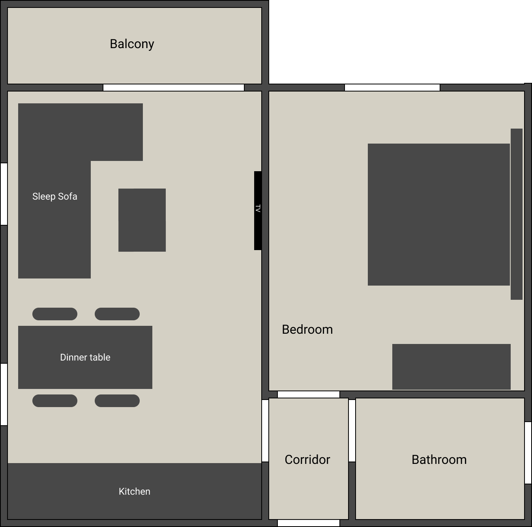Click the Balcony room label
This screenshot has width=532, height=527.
coord(132,44)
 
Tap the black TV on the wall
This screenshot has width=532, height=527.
coord(258,210)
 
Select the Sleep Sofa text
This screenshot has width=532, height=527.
coord(54,196)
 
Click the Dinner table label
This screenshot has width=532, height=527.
coord(85,357)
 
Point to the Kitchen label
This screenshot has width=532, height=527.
coord(135,491)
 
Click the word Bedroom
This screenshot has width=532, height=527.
coord(307,329)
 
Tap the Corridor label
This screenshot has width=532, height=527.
coord(307,460)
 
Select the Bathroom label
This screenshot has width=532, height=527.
coord(439,460)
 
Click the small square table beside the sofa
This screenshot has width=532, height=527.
coord(142,220)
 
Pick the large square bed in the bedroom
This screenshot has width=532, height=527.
coord(438,214)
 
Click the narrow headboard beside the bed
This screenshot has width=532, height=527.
coord(516,214)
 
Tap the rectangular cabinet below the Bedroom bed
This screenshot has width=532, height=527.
coord(451,366)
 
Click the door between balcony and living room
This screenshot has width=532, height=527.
coord(174,88)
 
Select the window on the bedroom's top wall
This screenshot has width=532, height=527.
coord(392,88)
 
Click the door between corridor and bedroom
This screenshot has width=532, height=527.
coord(308,394)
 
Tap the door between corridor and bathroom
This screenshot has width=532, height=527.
coord(352,430)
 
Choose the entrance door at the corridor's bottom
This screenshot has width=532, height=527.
coord(308,523)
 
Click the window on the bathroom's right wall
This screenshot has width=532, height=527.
coord(528,452)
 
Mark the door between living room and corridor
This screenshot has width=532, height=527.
coord(265,430)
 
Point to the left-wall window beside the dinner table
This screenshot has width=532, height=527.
coord(4,394)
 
